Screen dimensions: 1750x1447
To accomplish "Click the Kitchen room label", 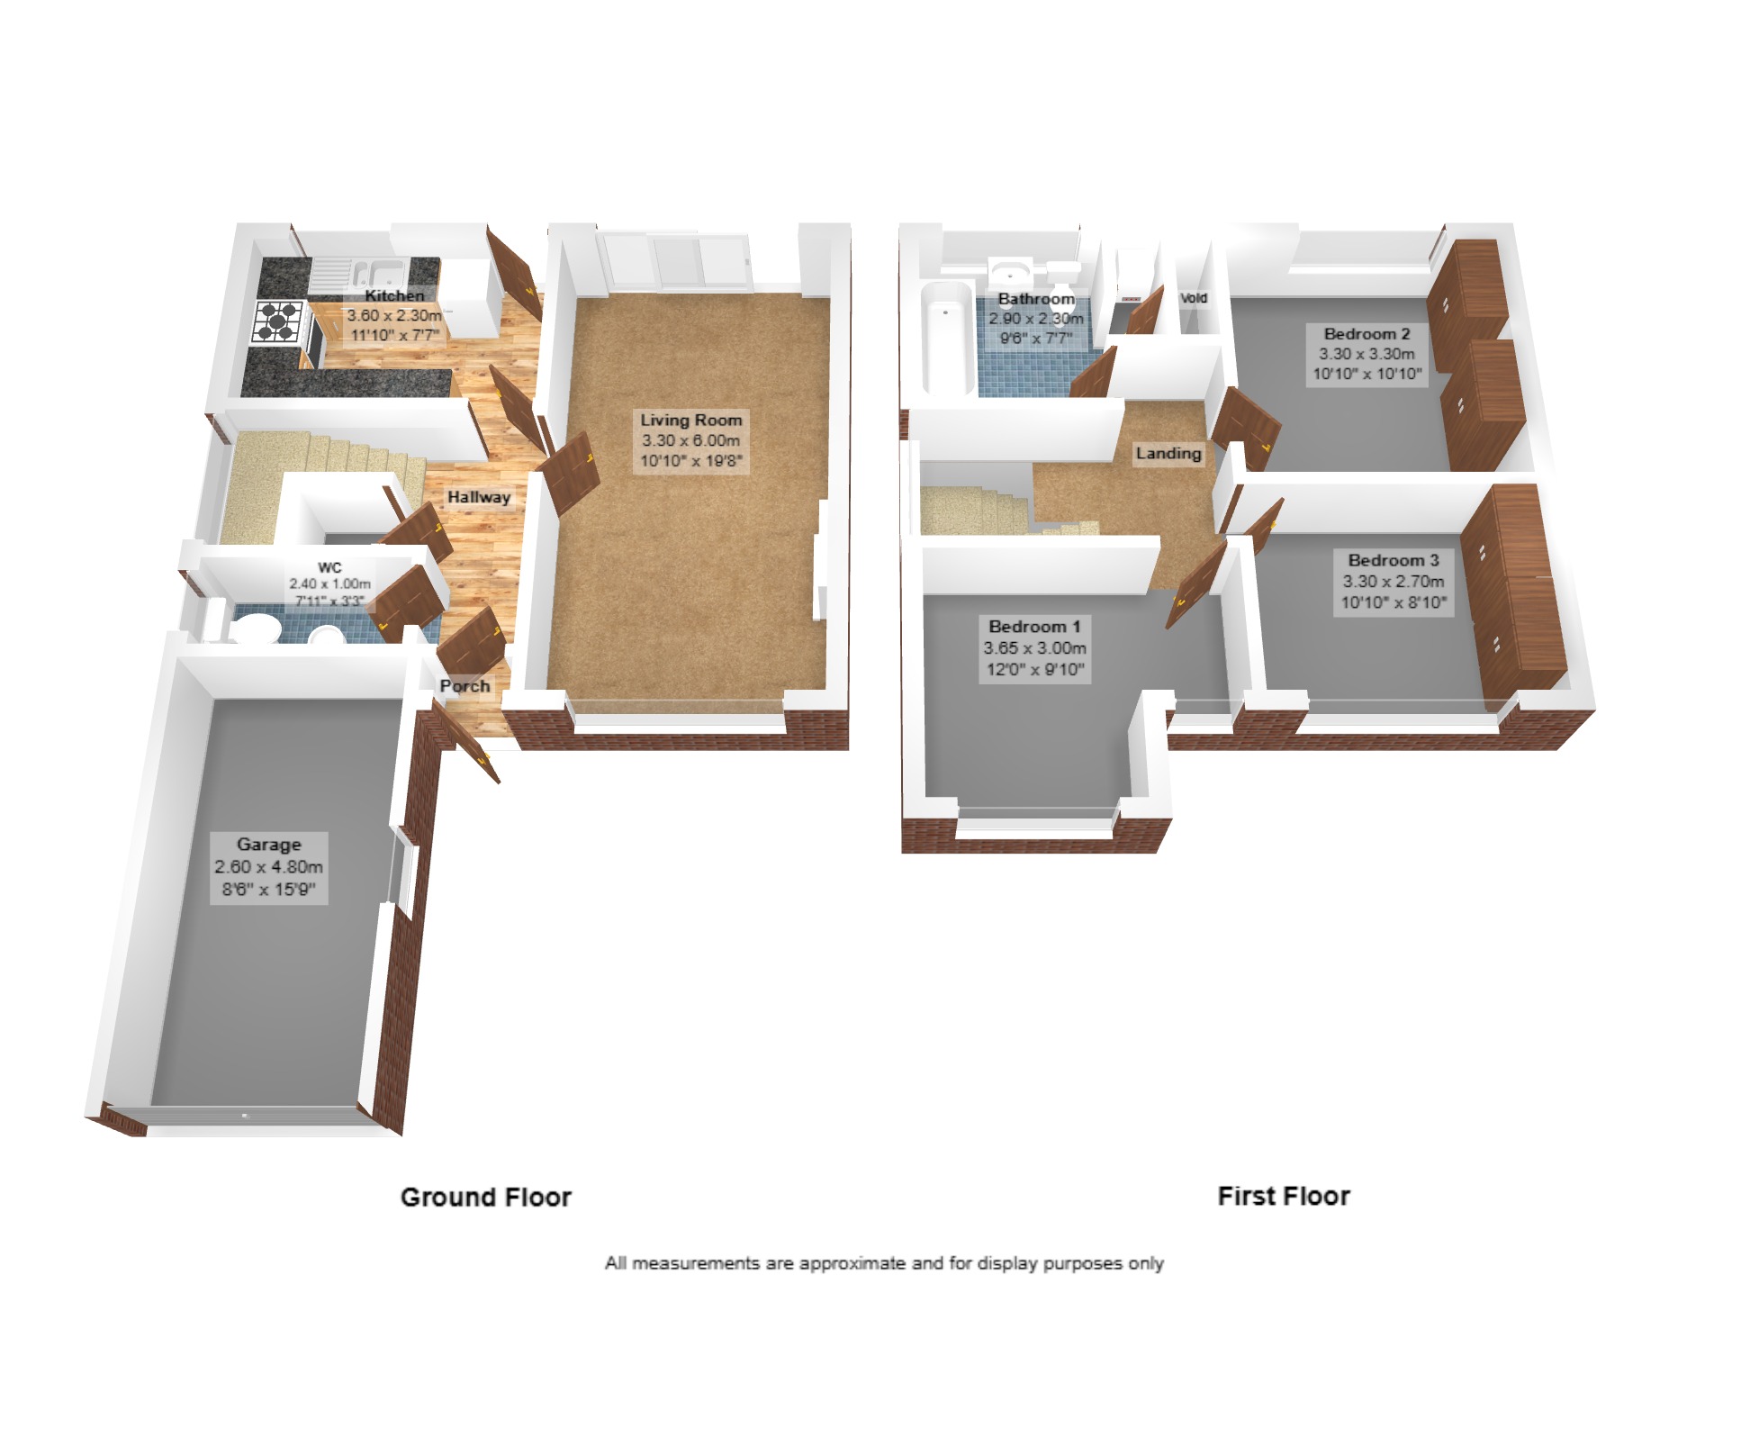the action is [x=394, y=295].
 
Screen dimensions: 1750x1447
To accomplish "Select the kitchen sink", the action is [x=379, y=271].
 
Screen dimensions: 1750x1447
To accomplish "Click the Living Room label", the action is [x=691, y=420].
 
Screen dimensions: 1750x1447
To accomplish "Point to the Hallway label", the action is [x=479, y=497].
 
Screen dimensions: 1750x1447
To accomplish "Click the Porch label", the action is [x=465, y=686].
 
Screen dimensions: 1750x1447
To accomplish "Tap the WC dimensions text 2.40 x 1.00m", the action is [x=329, y=584].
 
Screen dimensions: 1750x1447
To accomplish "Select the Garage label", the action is [x=269, y=845].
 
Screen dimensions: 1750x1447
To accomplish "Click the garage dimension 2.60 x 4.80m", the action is [x=268, y=867].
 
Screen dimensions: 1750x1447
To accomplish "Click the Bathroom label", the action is [x=1036, y=299].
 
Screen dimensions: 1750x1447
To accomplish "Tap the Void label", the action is [x=1194, y=298].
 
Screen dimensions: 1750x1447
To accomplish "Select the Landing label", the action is [x=1168, y=453].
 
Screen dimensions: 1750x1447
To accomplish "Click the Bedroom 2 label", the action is [x=1367, y=334].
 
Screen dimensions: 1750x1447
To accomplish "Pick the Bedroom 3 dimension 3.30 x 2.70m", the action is [x=1394, y=582].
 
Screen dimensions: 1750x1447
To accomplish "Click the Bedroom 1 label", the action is [x=1034, y=627].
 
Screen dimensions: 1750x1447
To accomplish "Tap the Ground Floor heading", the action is [x=486, y=1198].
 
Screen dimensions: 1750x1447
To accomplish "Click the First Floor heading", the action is [x=1284, y=1197].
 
